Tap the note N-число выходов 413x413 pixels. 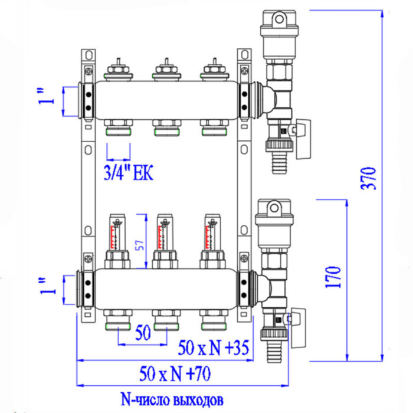coord(172,400)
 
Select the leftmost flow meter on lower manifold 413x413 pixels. coord(116,234)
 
